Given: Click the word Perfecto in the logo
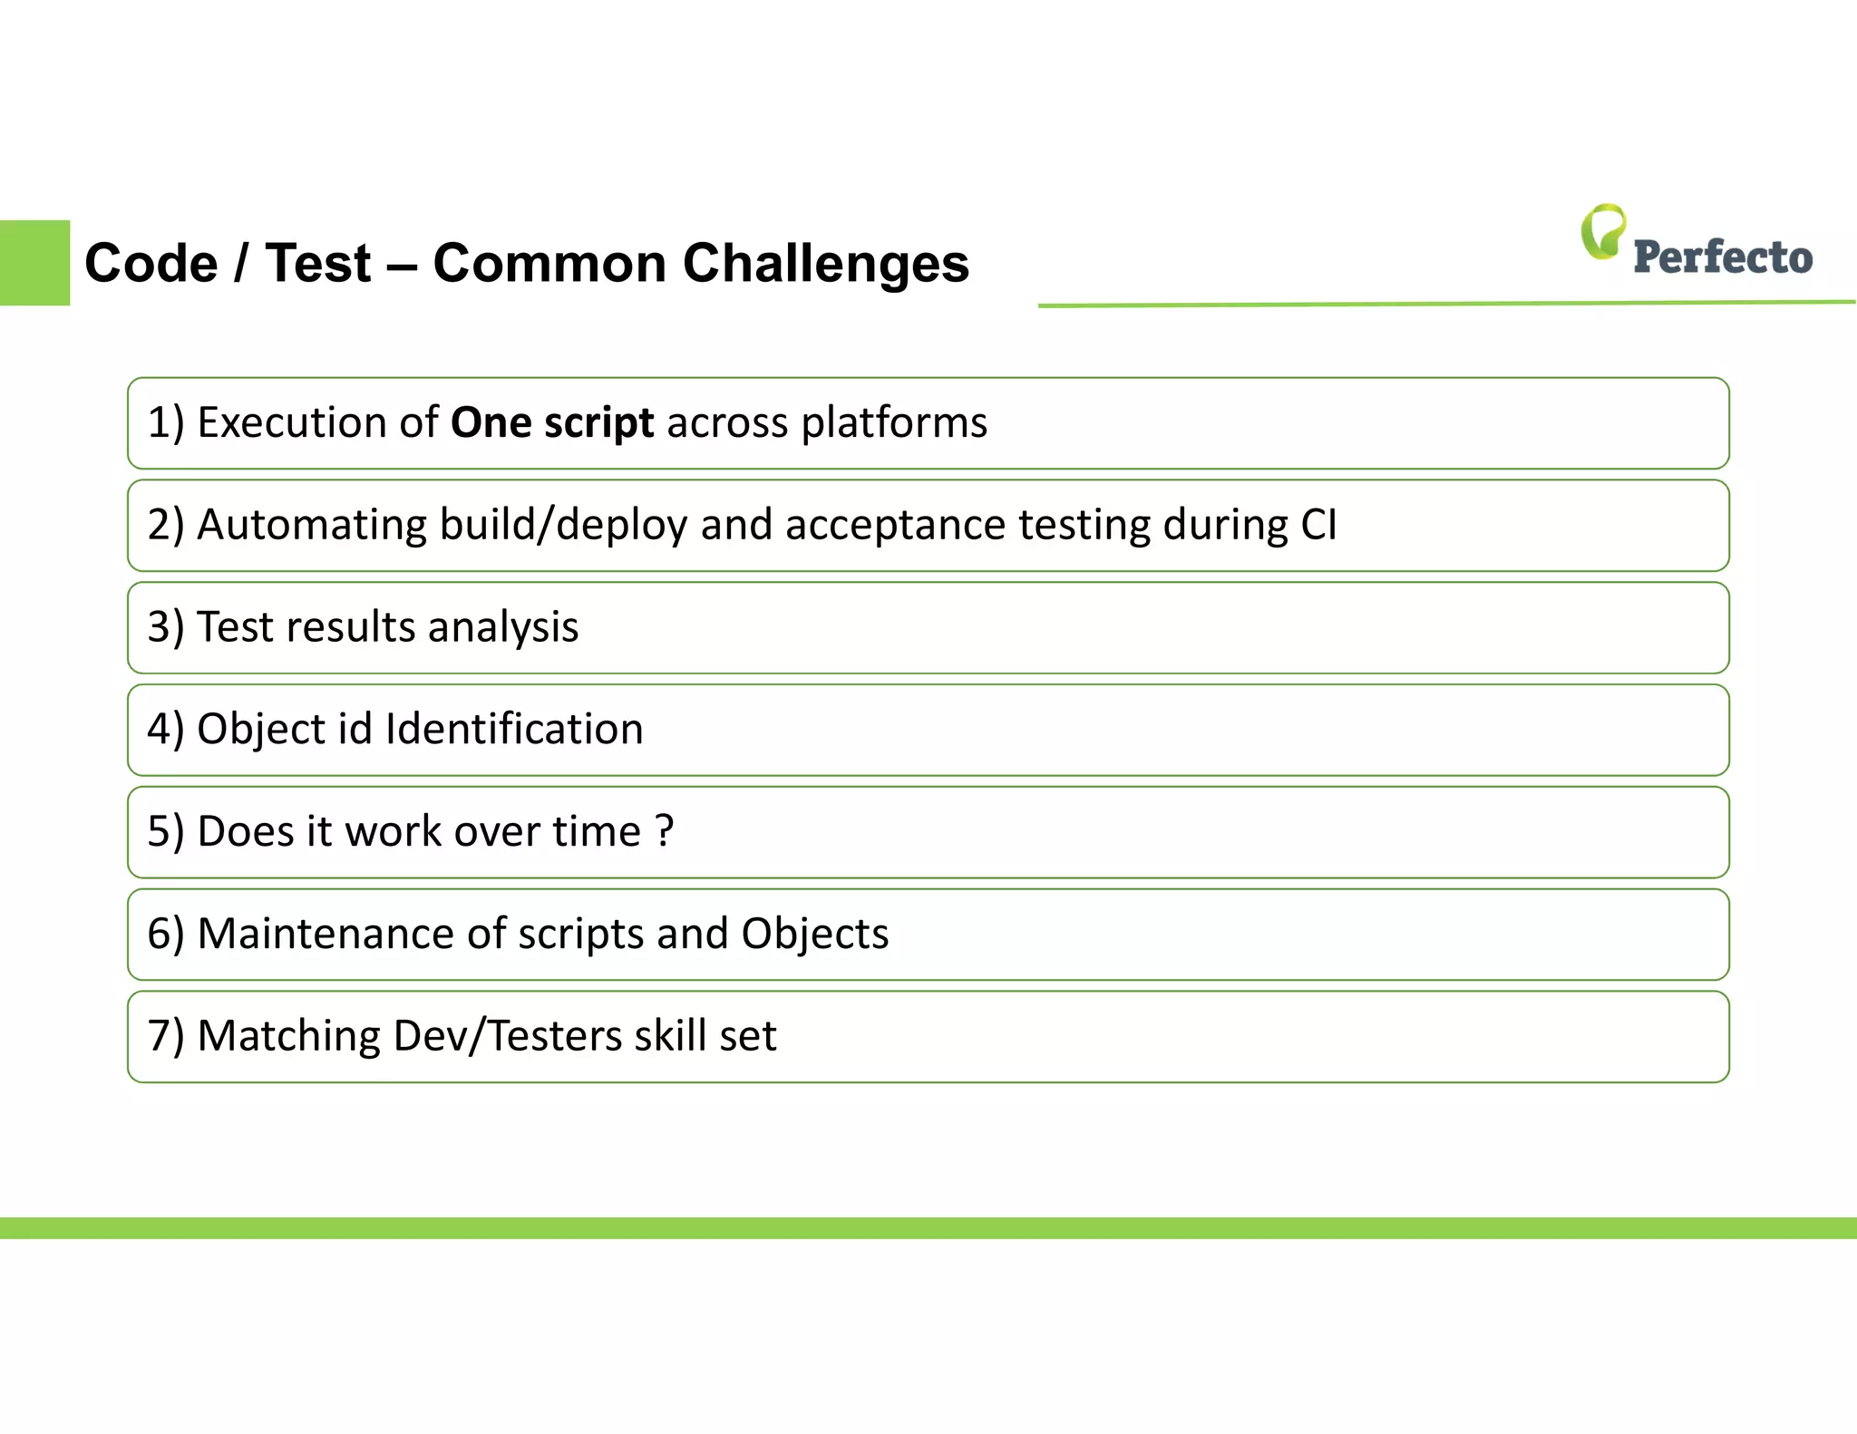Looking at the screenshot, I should (x=1722, y=257).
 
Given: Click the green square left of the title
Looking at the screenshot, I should (x=34, y=263).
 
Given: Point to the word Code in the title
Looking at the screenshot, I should (x=151, y=264).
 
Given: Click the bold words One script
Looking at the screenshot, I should (x=551, y=423).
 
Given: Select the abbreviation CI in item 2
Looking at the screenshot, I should (x=1318, y=525).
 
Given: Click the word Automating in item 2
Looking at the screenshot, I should (x=311, y=526).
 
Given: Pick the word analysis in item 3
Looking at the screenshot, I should (x=503, y=627).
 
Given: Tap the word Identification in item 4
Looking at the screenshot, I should (x=514, y=729).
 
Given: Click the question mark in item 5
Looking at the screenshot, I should (x=665, y=831).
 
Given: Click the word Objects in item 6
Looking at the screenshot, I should (x=814, y=935).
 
